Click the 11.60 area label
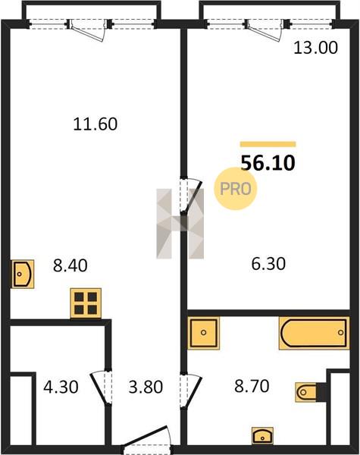pos(95,124)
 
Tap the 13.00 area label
pos(315,48)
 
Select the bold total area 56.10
pos(268,163)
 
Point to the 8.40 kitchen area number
pos(70,265)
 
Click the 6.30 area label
pos(268,264)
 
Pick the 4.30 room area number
pos(61,387)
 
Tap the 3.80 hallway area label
pos(146,387)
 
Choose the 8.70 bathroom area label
pos(252,386)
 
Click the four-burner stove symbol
pos(86,303)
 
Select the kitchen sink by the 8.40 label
pos(23,274)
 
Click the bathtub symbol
pos(315,333)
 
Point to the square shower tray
pos(203,333)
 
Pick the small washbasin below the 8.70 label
pos(262,436)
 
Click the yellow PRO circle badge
pos(236,189)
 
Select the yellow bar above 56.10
pos(268,144)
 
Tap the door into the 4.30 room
pos(102,388)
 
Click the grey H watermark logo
pos(180,224)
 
